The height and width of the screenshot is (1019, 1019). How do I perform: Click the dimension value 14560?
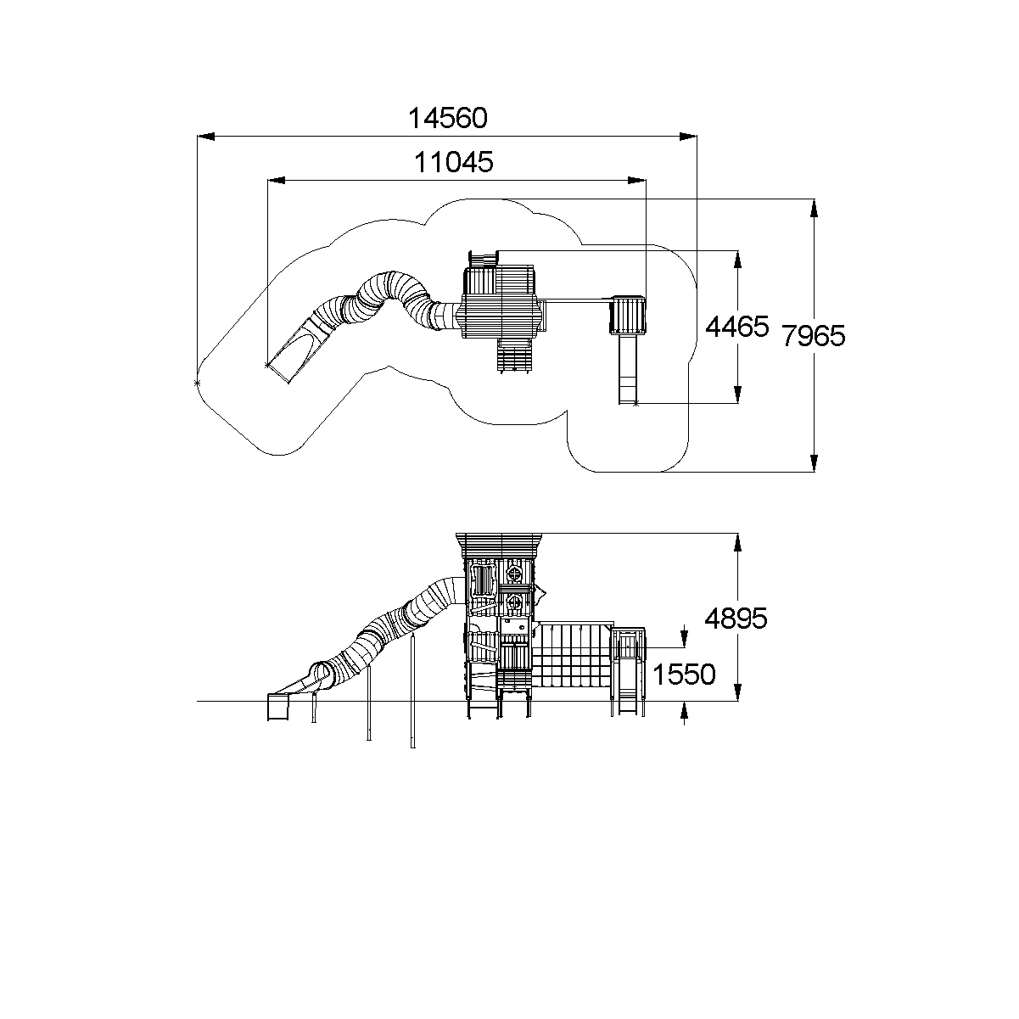pyautogui.click(x=447, y=118)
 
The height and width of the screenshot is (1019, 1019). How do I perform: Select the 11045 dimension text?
pyautogui.click(x=453, y=162)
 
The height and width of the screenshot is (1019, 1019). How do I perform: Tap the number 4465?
pyautogui.click(x=736, y=327)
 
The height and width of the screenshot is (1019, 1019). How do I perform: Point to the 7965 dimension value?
pyautogui.click(x=814, y=336)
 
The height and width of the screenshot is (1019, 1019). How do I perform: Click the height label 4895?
pyautogui.click(x=736, y=619)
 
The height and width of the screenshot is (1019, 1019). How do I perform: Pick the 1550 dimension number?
pyautogui.click(x=684, y=675)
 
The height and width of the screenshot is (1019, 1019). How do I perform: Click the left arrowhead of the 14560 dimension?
pyautogui.click(x=205, y=137)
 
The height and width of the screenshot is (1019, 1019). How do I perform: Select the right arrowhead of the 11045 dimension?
pyautogui.click(x=636, y=181)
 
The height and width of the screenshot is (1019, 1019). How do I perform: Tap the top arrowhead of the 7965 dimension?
pyautogui.click(x=815, y=208)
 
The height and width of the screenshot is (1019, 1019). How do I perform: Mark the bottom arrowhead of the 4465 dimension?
pyautogui.click(x=737, y=395)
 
